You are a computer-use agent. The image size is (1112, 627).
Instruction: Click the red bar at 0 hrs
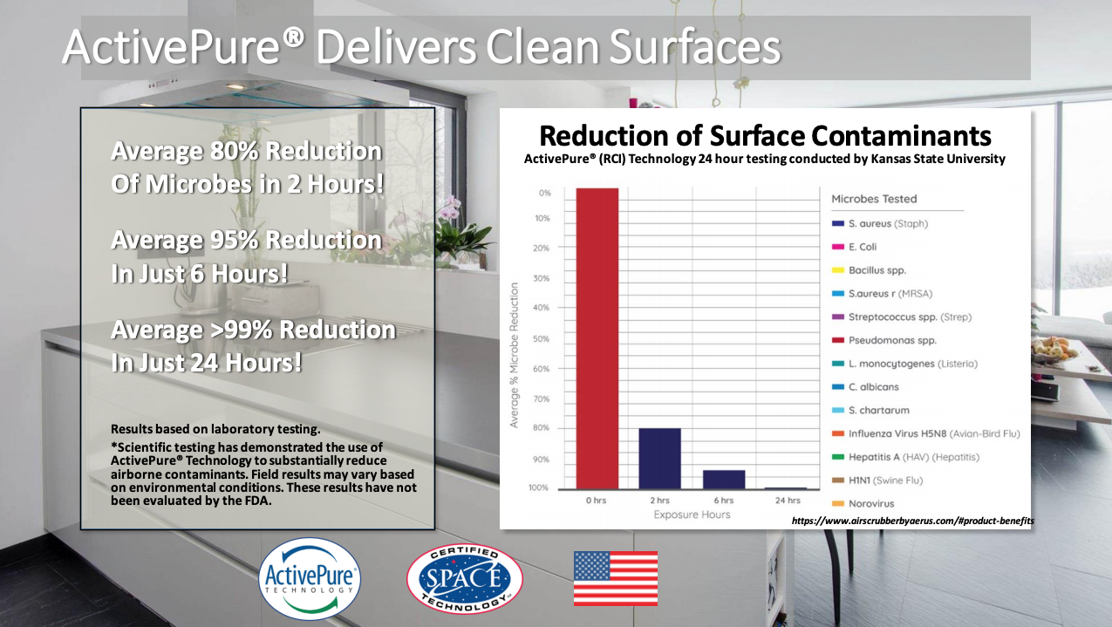coord(597,338)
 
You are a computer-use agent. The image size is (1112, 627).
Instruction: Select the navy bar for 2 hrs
coord(659,459)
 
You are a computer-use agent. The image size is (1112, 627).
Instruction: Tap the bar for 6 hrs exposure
coord(724,480)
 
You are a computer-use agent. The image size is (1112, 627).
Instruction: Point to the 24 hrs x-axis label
coord(788,501)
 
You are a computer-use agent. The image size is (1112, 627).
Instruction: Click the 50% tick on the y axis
coord(541,338)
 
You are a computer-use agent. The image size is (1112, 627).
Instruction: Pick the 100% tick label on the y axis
coord(539,487)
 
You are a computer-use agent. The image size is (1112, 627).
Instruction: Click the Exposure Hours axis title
coord(692,515)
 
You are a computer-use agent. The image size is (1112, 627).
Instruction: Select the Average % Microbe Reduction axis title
coord(515,355)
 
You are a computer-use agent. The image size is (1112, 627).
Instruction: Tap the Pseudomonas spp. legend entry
coord(884,341)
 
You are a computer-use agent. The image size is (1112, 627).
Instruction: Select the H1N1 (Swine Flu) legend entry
coord(877,480)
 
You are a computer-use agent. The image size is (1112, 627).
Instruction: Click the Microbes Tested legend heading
coord(874,199)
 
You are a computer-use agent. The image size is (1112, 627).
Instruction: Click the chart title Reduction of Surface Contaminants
coord(765,135)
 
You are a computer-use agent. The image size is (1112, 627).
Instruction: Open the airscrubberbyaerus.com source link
coord(913,521)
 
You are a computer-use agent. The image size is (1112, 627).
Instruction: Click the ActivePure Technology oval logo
coord(310,579)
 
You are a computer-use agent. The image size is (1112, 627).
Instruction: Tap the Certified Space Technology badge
coord(465,579)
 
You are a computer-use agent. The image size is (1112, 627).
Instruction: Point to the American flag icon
coord(616,578)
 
